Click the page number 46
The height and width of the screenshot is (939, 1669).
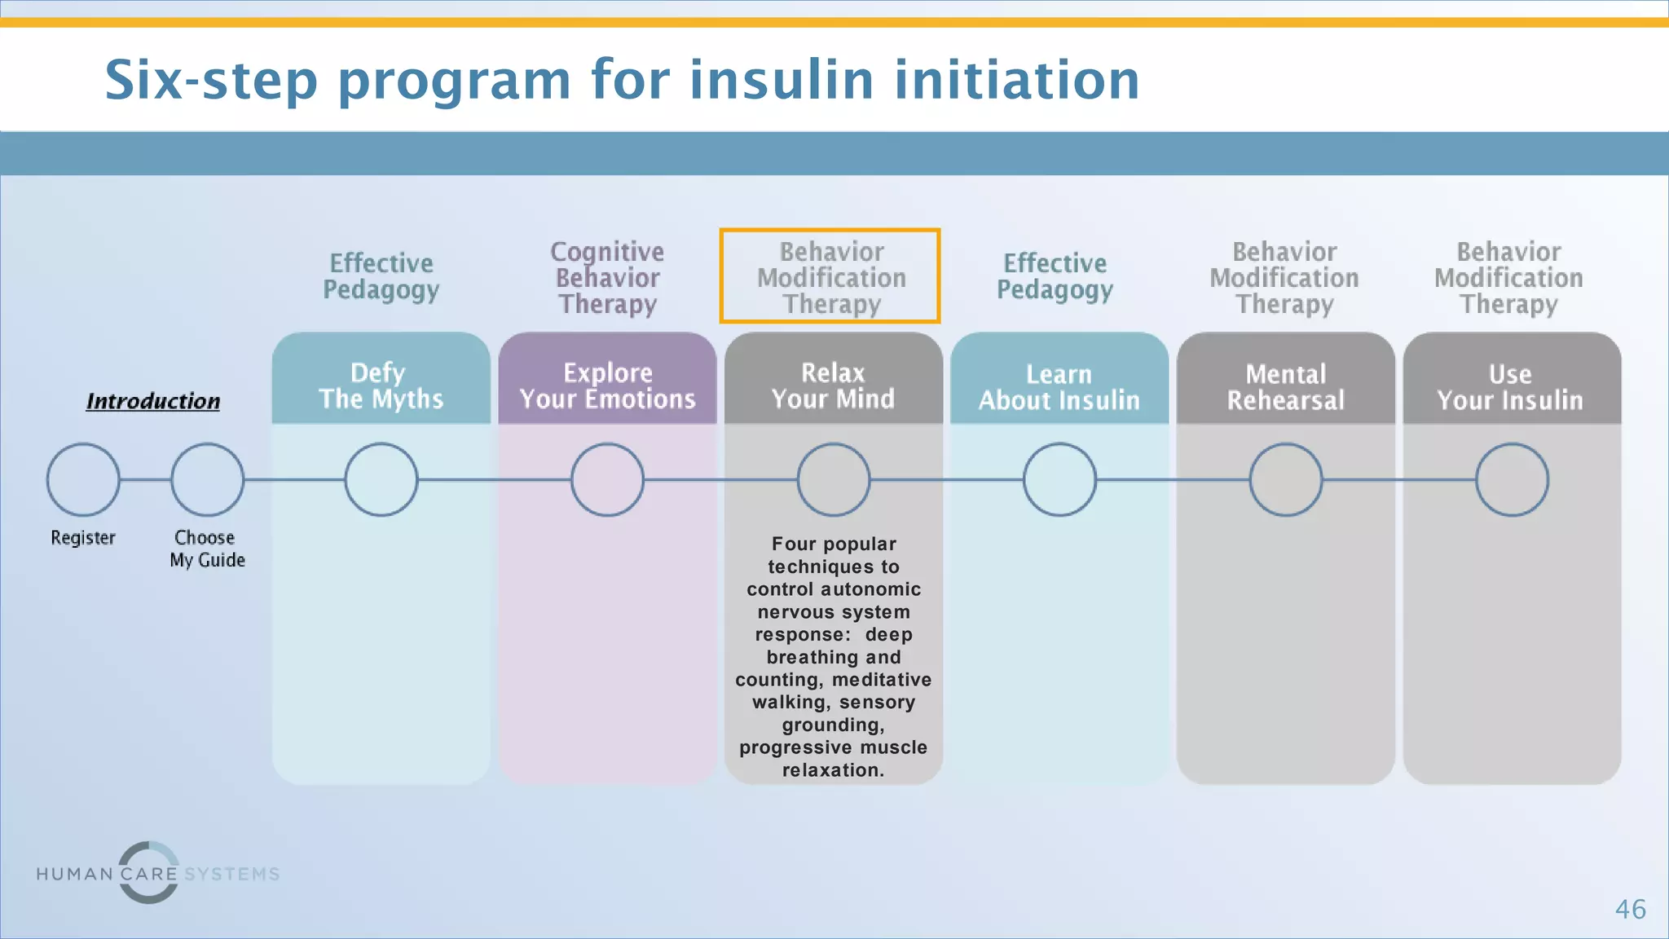pyautogui.click(x=1630, y=909)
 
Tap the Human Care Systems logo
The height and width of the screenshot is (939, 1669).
pyautogui.click(x=157, y=873)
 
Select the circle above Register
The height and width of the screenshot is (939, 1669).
pyautogui.click(x=83, y=479)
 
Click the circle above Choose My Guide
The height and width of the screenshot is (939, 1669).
pyautogui.click(x=207, y=479)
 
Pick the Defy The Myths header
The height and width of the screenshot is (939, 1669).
pyautogui.click(x=381, y=385)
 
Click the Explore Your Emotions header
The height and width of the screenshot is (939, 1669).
pyautogui.click(x=607, y=385)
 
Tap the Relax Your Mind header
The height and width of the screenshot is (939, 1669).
pyautogui.click(x=833, y=385)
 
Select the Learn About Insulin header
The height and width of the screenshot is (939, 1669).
pyautogui.click(x=1059, y=386)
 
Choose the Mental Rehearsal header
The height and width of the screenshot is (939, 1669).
pyautogui.click(x=1285, y=386)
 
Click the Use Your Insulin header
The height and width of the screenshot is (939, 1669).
pyautogui.click(x=1511, y=386)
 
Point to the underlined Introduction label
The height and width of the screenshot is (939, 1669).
pyautogui.click(x=153, y=401)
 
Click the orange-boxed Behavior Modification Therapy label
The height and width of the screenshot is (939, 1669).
pyautogui.click(x=830, y=277)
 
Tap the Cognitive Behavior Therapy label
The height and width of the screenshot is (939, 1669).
pyautogui.click(x=607, y=277)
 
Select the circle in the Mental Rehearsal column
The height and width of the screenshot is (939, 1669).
pyautogui.click(x=1285, y=479)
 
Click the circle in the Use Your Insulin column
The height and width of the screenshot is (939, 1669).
pyautogui.click(x=1512, y=479)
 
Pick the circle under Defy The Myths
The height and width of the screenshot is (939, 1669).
pyautogui.click(x=381, y=479)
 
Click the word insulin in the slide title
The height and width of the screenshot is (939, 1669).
pyautogui.click(x=782, y=80)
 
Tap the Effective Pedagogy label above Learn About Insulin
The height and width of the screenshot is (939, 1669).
pyautogui.click(x=1055, y=276)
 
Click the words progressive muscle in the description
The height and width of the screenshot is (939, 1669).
pyautogui.click(x=833, y=747)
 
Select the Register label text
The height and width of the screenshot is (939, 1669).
pyautogui.click(x=83, y=538)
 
